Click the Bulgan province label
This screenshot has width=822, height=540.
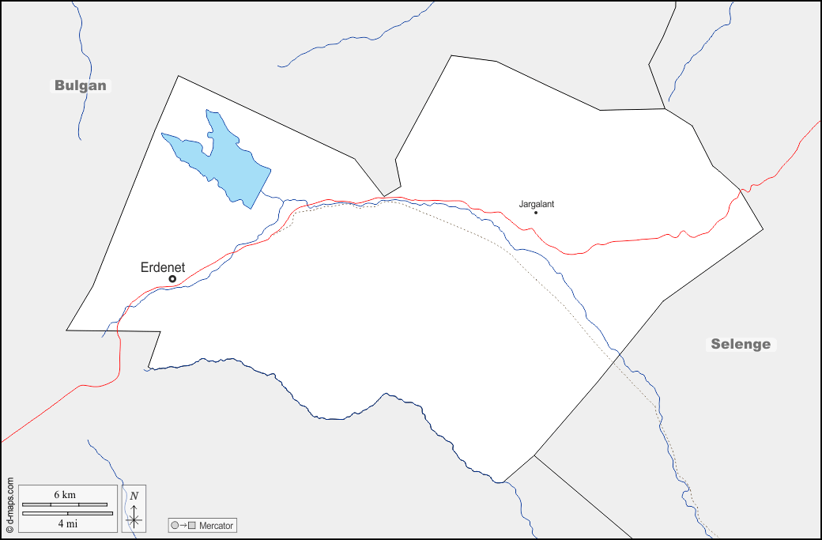click(80, 85)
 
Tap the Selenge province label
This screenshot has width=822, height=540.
click(741, 344)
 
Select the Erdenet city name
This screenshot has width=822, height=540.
click(163, 267)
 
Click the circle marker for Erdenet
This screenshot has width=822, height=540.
click(172, 279)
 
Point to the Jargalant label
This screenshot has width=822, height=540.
click(537, 204)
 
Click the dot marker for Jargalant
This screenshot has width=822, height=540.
click(536, 212)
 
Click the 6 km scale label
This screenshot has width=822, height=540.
click(65, 494)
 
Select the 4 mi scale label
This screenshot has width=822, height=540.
click(67, 523)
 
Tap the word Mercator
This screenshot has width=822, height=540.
click(217, 526)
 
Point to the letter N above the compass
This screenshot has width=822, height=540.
click(134, 496)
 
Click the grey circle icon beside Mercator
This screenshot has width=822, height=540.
click(175, 526)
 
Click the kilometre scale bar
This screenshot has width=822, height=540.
click(65, 504)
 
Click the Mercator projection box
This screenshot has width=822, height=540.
click(202, 526)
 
